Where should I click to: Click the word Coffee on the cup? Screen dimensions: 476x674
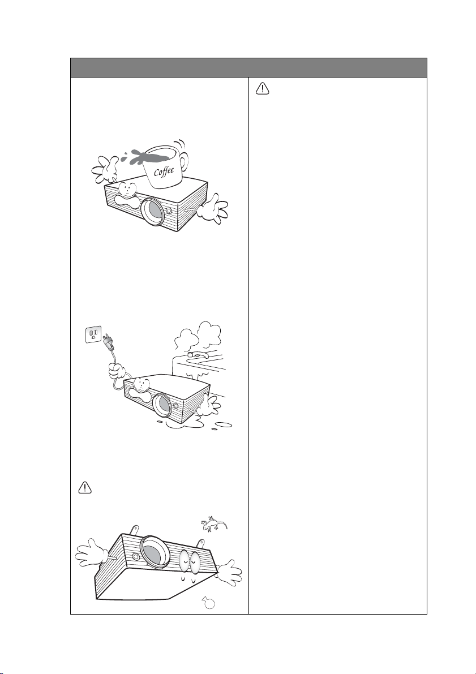(x=164, y=171)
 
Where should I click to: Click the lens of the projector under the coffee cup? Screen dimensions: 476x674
(x=153, y=212)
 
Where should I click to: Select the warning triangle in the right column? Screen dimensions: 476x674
(x=262, y=88)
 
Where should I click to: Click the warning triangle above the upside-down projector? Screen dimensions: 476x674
(x=85, y=487)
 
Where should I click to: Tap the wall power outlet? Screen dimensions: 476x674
(x=93, y=334)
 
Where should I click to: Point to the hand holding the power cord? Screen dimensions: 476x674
(x=117, y=370)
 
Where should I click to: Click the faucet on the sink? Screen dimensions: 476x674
(x=199, y=355)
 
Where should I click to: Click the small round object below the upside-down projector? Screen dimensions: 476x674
(x=209, y=603)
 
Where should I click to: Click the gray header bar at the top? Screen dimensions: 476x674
(x=248, y=67)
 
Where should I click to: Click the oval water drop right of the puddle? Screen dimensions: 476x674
(x=223, y=425)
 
